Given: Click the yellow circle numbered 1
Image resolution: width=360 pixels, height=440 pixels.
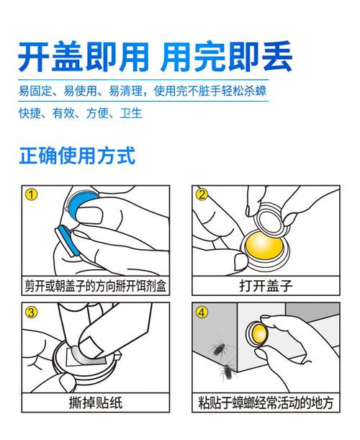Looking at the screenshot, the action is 31,194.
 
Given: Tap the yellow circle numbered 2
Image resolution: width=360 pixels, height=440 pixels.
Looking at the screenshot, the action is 202,194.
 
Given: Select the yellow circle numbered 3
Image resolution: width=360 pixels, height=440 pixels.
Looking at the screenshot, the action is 31,312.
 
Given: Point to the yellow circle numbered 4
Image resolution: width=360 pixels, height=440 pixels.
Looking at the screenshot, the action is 202,312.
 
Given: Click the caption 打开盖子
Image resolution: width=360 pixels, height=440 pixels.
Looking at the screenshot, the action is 266,286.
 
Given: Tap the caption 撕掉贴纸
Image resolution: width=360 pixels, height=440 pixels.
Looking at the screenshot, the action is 96,403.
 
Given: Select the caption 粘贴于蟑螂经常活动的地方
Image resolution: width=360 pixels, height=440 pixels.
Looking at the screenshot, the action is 266,403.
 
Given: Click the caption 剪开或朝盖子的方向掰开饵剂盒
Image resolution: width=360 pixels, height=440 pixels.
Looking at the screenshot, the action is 96,286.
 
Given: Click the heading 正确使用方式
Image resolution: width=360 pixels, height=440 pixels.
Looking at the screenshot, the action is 77,155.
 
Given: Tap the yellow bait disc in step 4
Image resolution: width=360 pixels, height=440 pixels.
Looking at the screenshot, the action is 258,333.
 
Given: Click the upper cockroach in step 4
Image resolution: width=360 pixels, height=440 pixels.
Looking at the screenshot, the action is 219,347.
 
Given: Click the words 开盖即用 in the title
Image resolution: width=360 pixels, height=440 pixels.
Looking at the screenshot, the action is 84,57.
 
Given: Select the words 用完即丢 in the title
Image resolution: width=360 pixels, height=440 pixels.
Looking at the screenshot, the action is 227,57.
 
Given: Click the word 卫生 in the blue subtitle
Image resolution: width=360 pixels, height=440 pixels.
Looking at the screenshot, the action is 131,113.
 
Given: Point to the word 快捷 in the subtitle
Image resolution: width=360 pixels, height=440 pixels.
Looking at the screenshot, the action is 30,113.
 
